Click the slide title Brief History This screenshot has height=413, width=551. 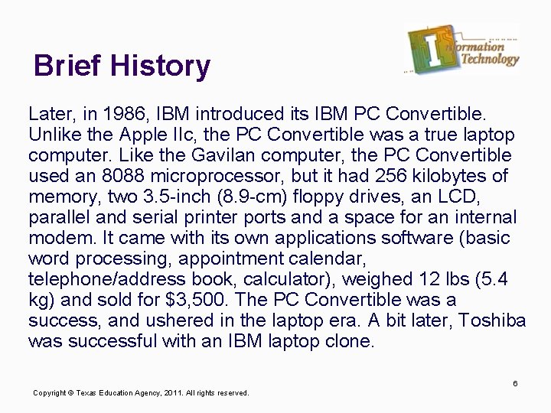122,67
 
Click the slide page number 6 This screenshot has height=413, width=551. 516,382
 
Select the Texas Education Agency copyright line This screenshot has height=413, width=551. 141,393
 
